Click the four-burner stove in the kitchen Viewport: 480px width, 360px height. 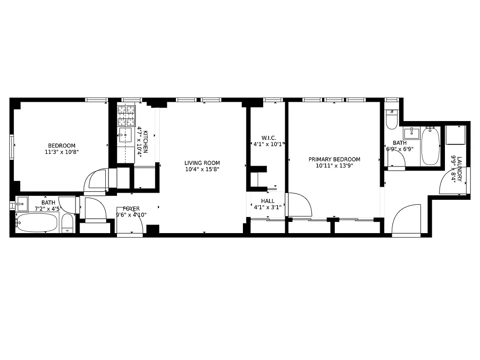(126, 116)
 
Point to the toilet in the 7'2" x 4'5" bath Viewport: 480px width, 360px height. (67, 224)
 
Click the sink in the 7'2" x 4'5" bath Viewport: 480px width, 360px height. (22, 204)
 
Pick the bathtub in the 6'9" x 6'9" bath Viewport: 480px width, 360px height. (430, 146)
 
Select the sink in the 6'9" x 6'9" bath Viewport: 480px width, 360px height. (411, 133)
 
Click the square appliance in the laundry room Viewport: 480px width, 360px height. (455, 135)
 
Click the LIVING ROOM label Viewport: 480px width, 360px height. (202, 163)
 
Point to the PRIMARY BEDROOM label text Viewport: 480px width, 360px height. (334, 159)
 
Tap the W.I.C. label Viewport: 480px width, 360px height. (269, 138)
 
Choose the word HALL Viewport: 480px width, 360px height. (268, 201)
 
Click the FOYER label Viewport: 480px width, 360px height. (131, 209)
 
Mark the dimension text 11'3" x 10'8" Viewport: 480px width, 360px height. (62, 152)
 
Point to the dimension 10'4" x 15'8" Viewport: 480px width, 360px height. (202, 169)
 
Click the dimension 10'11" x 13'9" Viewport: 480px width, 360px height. (334, 166)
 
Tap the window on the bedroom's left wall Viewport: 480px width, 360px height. (12, 146)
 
